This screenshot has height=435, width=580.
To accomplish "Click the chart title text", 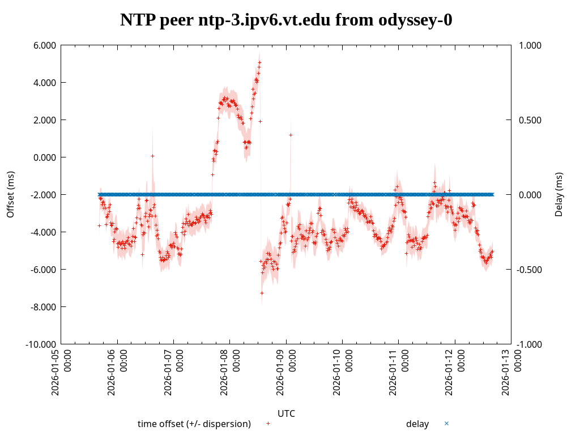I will (x=286, y=20).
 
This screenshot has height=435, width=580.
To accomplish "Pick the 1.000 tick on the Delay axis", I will (x=531, y=45).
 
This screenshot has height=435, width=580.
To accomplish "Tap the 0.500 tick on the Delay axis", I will (x=531, y=120).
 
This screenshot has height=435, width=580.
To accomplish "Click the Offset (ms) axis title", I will (x=10, y=194).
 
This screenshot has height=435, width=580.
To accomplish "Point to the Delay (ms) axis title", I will (x=559, y=194).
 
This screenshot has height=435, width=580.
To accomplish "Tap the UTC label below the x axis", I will (x=286, y=413).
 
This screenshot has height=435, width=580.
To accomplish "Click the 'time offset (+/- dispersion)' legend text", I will (x=194, y=424).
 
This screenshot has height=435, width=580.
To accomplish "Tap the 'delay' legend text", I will (x=417, y=424).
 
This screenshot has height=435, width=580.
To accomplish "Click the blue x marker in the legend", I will (x=446, y=423).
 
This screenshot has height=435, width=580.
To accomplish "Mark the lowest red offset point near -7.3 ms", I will (x=262, y=293).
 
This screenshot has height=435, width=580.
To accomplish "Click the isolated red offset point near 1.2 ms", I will (x=291, y=135).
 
